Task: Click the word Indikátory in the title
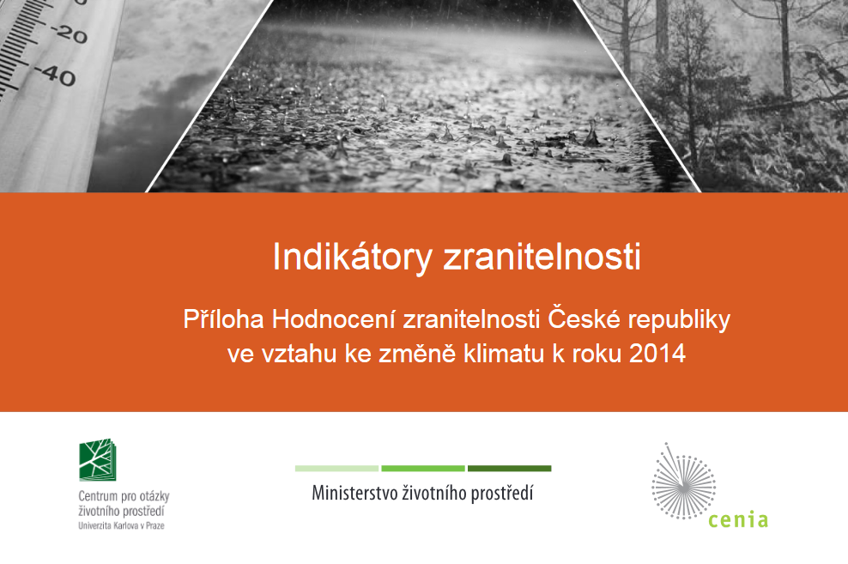[352, 258]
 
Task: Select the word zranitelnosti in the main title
[542, 257]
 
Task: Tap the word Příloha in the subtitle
[223, 319]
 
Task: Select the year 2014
[657, 354]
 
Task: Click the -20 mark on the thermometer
[69, 34]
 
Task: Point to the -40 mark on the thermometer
[56, 76]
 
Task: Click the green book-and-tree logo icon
[97, 459]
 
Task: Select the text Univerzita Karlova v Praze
[121, 525]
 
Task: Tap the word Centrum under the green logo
[98, 496]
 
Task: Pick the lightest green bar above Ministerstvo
[336, 469]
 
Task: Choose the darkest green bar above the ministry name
[510, 469]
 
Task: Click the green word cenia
[738, 519]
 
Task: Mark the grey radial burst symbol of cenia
[683, 482]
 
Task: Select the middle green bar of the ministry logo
[423, 469]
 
